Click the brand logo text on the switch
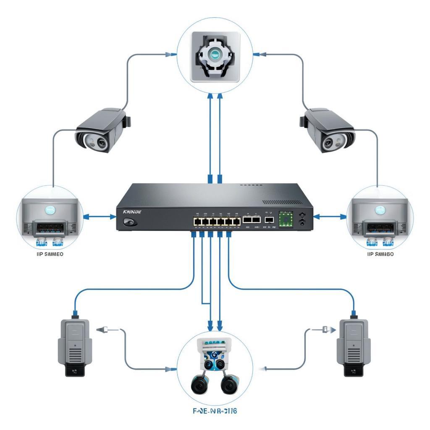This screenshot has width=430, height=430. tap(132, 212)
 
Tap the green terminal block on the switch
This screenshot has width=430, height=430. tap(286, 219)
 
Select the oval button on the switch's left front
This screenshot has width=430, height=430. tap(129, 222)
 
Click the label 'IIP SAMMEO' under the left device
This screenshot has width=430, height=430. tap(47, 254)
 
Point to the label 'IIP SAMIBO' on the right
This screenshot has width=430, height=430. tap(380, 254)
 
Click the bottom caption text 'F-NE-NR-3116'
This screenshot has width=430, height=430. tap(215, 411)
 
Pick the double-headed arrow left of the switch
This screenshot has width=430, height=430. tap(100, 217)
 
